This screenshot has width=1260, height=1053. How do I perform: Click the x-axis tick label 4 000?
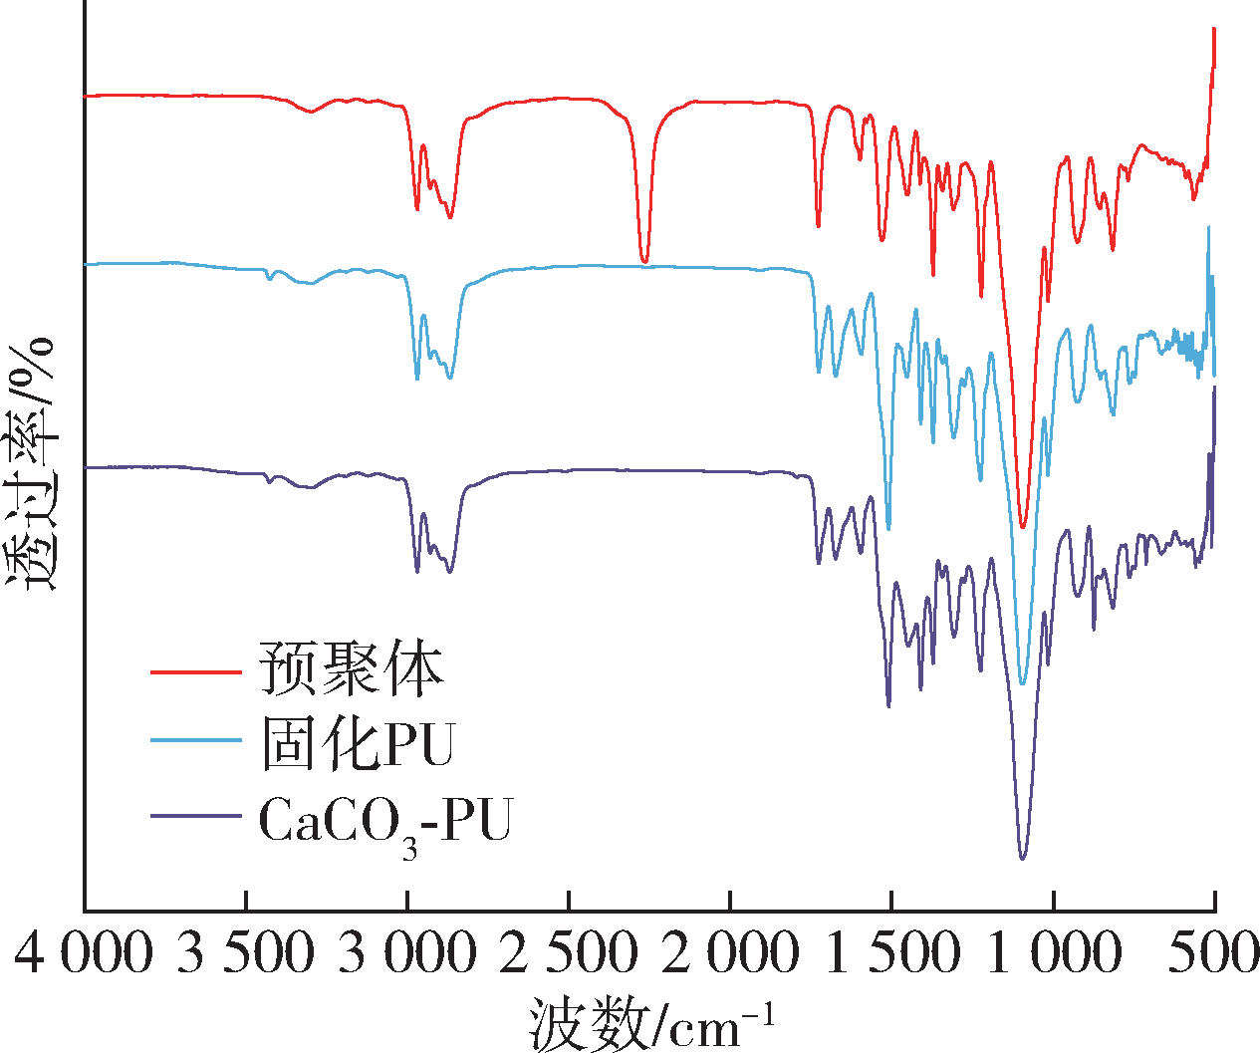(85, 952)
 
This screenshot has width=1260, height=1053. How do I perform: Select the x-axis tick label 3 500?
(246, 952)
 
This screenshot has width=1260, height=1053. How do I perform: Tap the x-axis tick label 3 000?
(407, 952)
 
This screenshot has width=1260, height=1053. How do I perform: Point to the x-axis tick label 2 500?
(569, 952)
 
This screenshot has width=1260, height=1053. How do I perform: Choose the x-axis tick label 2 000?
(730, 952)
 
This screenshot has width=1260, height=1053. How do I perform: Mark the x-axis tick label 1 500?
(892, 952)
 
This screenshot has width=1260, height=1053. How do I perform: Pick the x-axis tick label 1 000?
(1054, 952)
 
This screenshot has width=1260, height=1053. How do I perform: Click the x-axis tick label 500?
(1214, 952)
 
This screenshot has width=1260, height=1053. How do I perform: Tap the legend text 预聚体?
(351, 668)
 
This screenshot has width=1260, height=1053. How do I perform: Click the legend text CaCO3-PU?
(384, 823)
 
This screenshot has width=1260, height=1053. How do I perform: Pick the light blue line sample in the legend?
(195, 740)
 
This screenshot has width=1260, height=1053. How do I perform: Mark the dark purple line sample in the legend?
(195, 816)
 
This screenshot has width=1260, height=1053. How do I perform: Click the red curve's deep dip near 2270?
(644, 261)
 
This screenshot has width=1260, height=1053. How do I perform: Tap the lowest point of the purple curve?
(1022, 858)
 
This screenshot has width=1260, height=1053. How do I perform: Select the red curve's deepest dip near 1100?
(1022, 527)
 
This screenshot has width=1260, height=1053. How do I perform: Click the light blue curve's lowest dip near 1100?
(1022, 684)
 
